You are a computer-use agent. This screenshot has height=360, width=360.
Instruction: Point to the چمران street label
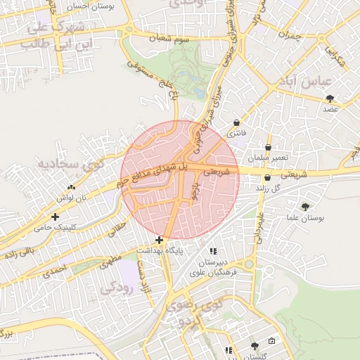(289, 32)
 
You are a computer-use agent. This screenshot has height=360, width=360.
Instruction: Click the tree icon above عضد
(330, 98)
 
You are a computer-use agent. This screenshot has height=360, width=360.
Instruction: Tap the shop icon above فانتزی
(236, 122)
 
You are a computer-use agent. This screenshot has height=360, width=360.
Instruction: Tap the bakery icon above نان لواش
(70, 187)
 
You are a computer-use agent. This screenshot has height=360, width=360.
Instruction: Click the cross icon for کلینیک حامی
(55, 217)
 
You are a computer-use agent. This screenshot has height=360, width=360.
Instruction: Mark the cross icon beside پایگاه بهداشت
(160, 240)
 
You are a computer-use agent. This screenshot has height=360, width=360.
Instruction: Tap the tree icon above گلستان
(254, 345)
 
